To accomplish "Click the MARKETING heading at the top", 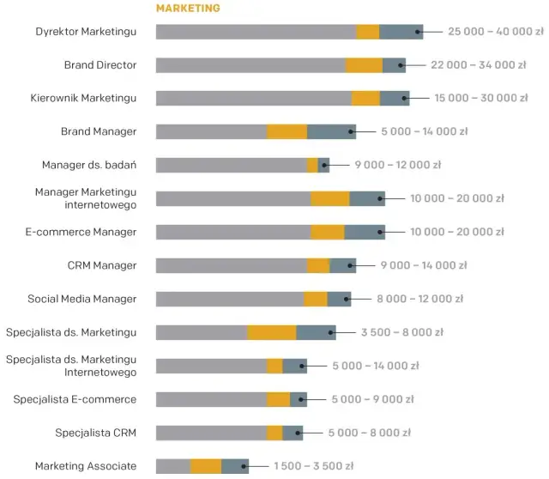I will (x=188, y=9).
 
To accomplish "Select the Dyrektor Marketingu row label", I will (x=86, y=32).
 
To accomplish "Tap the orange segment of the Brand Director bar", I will (x=364, y=65).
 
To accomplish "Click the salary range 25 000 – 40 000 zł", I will (x=495, y=32).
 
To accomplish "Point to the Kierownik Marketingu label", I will (x=83, y=99).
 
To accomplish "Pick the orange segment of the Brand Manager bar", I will (x=287, y=131).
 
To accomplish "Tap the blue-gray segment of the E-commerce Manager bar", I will (x=364, y=232).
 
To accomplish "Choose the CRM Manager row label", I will (x=102, y=265).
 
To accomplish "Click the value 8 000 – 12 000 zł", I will (x=419, y=299).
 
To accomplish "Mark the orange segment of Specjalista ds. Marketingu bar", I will (x=272, y=332).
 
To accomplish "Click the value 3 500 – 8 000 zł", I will (x=401, y=332).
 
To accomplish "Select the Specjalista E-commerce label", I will (x=75, y=399).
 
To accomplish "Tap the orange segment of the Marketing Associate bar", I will (x=206, y=466).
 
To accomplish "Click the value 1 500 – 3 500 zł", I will (x=313, y=466).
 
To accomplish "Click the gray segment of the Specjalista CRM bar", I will (x=211, y=433).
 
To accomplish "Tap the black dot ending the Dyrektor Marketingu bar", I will (x=419, y=32).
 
